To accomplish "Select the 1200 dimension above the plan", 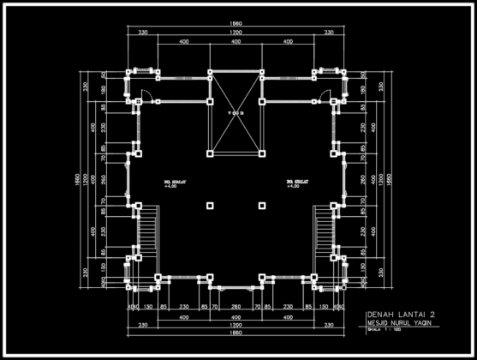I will (234, 32).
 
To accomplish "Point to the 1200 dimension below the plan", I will (234, 326).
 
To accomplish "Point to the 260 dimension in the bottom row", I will (236, 307).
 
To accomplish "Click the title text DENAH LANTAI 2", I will (395, 315).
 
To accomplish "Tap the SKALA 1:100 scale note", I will (383, 330).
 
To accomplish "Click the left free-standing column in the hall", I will (210, 206).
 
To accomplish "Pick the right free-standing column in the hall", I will (261, 206).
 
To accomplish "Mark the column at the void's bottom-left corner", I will (210, 154).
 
